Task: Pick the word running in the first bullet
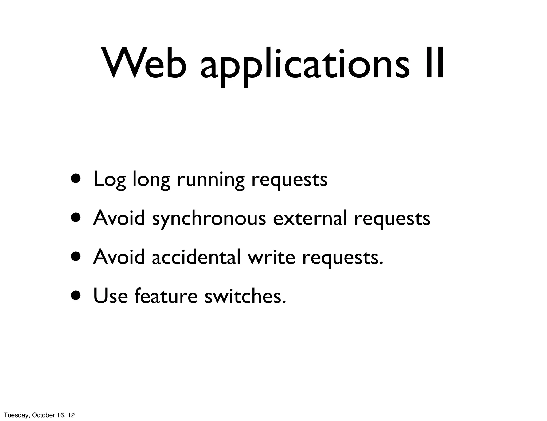(210, 180)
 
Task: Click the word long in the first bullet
(151, 180)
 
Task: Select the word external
(310, 218)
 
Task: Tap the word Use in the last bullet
(111, 296)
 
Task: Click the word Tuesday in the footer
(16, 415)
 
